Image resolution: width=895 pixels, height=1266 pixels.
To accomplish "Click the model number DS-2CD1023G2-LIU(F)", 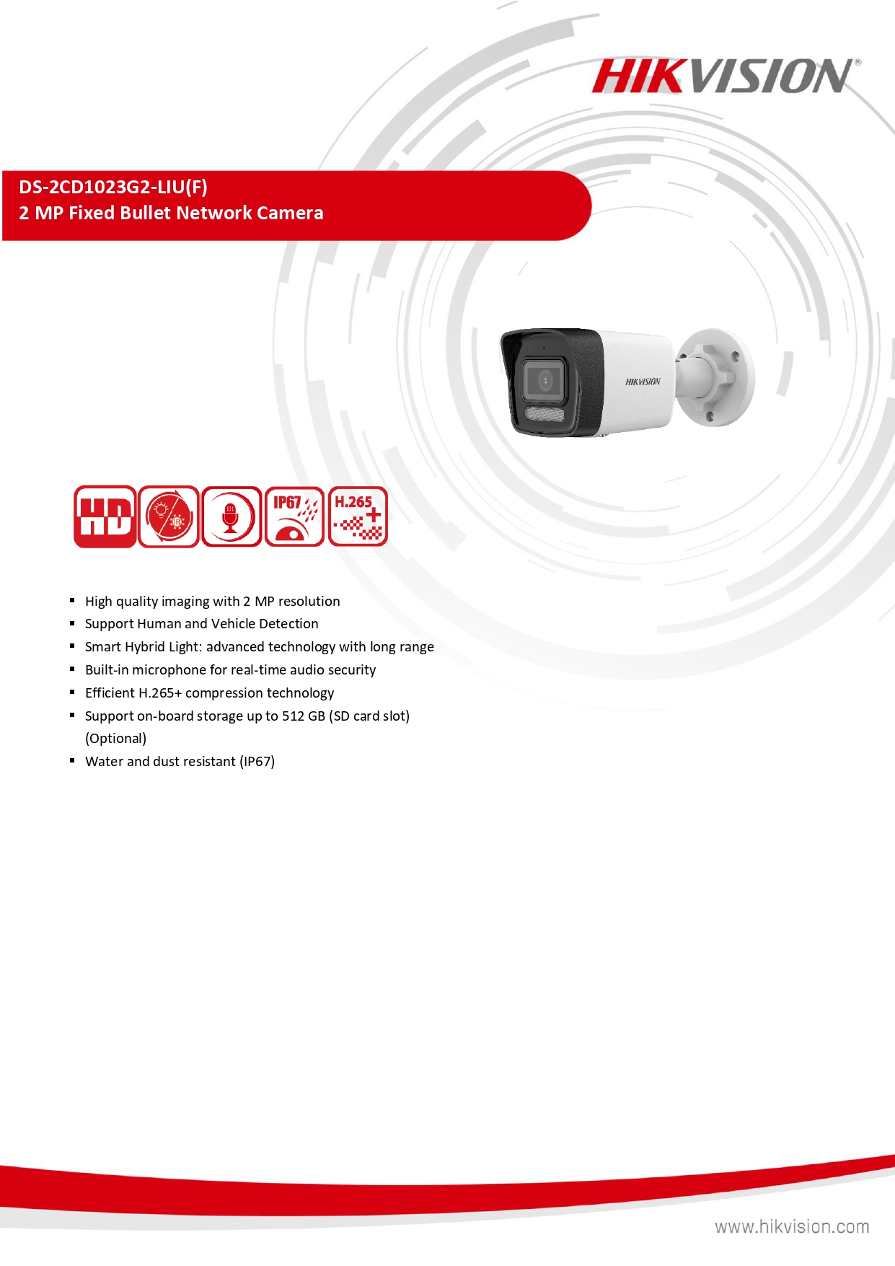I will point(113,188).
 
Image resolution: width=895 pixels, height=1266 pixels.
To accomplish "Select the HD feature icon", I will point(105,516).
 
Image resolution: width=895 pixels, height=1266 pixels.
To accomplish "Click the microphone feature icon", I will point(231,516).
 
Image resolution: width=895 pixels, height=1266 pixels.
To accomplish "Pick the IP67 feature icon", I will point(294,516).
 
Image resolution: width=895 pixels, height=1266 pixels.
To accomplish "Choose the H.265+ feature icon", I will point(358,516).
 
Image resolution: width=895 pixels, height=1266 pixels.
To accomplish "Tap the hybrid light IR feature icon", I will point(168,516).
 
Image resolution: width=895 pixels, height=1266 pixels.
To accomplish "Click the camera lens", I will point(545,380).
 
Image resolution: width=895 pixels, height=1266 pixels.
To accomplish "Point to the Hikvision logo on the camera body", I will point(642,382).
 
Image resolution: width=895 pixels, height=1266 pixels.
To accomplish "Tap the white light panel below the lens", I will point(545,414).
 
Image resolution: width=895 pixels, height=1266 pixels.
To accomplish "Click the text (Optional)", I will point(115,739).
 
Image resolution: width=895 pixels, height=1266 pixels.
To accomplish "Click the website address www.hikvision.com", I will point(792,1226).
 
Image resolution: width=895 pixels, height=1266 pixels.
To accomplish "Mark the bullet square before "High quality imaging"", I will point(72,600).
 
